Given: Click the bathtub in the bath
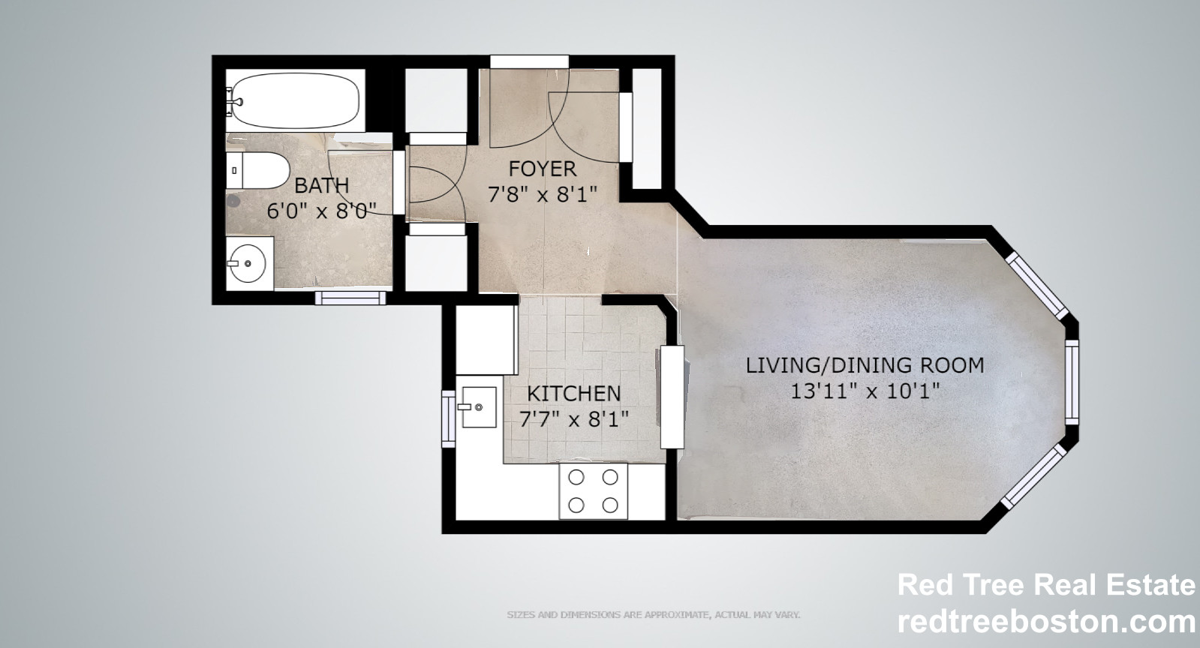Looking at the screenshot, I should [296, 100].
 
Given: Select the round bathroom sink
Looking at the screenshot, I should [247, 264].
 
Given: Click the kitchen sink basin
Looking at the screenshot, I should [478, 407].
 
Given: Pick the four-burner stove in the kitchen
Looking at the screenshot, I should [593, 491].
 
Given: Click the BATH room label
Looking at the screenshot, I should [321, 185].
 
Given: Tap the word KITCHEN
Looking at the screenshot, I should [573, 393].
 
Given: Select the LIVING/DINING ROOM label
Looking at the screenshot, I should [865, 365].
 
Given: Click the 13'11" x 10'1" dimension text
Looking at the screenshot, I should [865, 391].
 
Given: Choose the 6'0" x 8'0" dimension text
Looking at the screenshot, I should [321, 211].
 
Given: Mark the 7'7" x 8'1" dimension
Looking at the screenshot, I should [573, 418].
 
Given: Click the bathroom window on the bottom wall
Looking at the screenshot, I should [350, 298].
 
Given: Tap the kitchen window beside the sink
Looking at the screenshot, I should [449, 418].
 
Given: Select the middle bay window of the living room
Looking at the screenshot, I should [1073, 379].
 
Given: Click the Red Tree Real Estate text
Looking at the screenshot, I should [1046, 585].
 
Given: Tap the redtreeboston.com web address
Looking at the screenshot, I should [1046, 622].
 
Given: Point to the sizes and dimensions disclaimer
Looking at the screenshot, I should [653, 615].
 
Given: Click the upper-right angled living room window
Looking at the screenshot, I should [1036, 283].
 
